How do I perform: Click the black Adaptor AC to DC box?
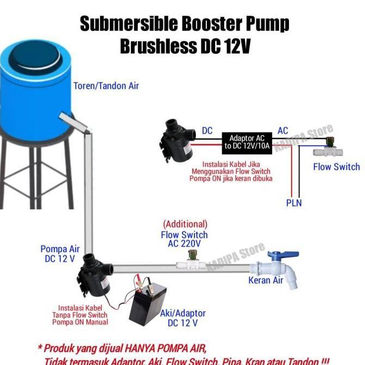(246, 142)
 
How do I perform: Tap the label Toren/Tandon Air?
(106, 86)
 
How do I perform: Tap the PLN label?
(294, 203)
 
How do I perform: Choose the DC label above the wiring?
(207, 131)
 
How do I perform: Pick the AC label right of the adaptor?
(283, 131)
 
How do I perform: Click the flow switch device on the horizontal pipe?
(191, 263)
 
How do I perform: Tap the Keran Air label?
(266, 281)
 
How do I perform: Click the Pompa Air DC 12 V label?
(60, 254)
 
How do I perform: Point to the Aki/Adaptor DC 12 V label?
(182, 318)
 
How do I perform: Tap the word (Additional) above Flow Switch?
(185, 224)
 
